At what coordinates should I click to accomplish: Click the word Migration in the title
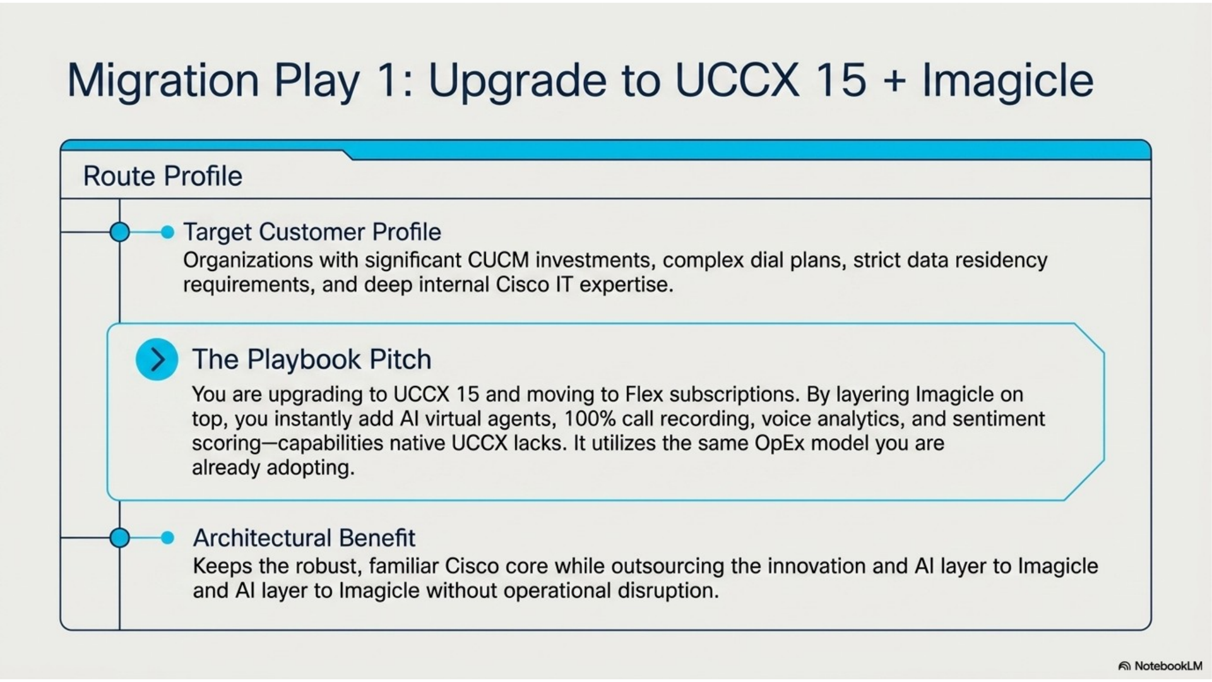point(163,80)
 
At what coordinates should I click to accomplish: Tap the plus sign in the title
point(894,81)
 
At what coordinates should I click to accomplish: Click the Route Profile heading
point(163,176)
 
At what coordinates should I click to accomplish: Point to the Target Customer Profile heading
point(312,232)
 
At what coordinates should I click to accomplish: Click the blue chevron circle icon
point(157,359)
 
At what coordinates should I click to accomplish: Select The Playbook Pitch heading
point(312,359)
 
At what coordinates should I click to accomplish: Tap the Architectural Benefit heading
point(304,538)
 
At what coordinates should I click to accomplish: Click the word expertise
point(626,285)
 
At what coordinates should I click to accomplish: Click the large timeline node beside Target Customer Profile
point(119,232)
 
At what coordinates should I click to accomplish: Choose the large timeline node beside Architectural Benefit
point(119,538)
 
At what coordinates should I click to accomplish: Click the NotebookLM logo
point(1161,666)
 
